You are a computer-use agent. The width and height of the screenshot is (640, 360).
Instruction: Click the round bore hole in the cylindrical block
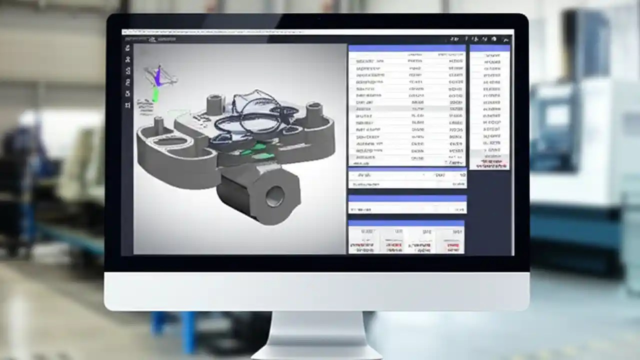[274, 196]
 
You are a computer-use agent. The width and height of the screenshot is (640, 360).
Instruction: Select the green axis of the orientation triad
[155, 94]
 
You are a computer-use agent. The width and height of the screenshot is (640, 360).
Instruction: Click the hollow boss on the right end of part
[314, 114]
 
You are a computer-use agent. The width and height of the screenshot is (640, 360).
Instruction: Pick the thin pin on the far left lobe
[159, 125]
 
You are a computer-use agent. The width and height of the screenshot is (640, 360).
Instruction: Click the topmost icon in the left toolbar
[128, 48]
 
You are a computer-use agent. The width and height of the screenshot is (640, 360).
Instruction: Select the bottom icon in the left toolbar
[128, 105]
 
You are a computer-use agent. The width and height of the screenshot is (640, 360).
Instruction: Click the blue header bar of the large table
[407, 48]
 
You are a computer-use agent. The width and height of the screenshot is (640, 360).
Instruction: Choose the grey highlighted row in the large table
[407, 108]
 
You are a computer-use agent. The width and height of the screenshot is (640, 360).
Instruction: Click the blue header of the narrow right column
[489, 48]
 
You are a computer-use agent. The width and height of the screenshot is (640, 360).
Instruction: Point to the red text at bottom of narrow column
[492, 163]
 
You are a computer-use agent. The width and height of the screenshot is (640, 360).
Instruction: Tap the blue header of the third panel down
[407, 198]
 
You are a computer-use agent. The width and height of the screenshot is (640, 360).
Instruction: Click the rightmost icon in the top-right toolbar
[506, 39]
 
